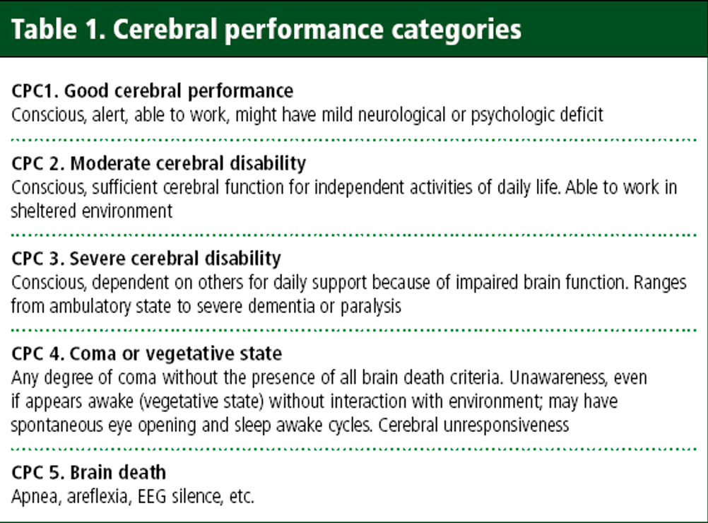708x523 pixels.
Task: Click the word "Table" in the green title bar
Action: click(x=45, y=29)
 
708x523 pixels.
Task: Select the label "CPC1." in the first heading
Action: click(x=35, y=90)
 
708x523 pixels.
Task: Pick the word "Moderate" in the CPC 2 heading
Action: click(x=112, y=163)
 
